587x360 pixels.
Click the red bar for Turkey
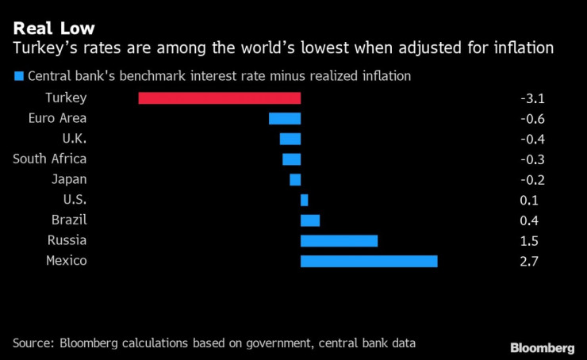coord(220,98)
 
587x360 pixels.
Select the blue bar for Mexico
coord(369,261)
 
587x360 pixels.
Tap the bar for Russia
coord(339,240)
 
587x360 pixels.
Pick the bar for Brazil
coord(310,220)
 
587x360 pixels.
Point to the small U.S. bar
coord(304,200)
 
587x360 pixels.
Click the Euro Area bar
coord(285,118)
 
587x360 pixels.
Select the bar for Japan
coord(295,179)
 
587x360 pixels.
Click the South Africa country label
coord(50,159)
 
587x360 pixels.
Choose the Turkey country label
coord(67,98)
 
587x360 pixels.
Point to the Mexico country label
coord(66,261)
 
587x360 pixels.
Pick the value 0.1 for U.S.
coord(528,200)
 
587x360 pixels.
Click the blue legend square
coord(17,77)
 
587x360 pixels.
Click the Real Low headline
coord(54,28)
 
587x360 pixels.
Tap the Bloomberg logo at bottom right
coord(542,347)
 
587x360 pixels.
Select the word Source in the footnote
coord(33,343)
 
